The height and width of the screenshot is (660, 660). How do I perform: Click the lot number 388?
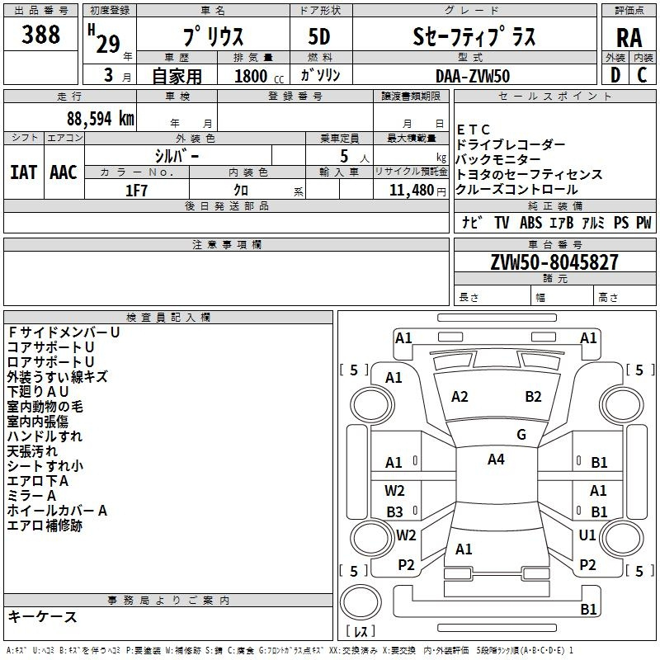click(40, 34)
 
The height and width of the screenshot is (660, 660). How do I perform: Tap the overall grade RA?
click(629, 38)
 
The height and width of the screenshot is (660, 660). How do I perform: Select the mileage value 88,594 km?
click(100, 119)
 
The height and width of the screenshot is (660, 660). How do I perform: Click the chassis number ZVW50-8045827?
click(554, 262)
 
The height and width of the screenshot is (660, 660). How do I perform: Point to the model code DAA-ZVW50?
click(473, 76)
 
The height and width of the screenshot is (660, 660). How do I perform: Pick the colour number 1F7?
click(136, 191)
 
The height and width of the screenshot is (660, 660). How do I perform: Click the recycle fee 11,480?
click(411, 191)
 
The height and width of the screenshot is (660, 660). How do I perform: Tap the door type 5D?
click(319, 36)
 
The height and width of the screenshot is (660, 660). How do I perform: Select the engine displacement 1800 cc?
click(259, 76)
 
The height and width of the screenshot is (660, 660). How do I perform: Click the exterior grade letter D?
click(615, 75)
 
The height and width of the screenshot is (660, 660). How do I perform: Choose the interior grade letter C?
click(642, 75)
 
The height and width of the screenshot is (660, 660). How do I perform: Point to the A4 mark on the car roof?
click(496, 460)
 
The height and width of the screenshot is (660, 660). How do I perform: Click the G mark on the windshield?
click(521, 435)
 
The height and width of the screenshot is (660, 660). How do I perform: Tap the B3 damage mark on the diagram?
click(394, 511)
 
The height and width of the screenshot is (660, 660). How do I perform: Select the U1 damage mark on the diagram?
click(587, 535)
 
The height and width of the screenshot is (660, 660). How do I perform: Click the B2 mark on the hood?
click(533, 397)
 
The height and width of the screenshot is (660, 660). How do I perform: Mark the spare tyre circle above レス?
click(361, 602)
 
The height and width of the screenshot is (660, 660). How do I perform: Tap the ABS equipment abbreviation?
click(530, 222)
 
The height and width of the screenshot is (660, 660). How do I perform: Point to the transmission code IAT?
click(23, 172)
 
